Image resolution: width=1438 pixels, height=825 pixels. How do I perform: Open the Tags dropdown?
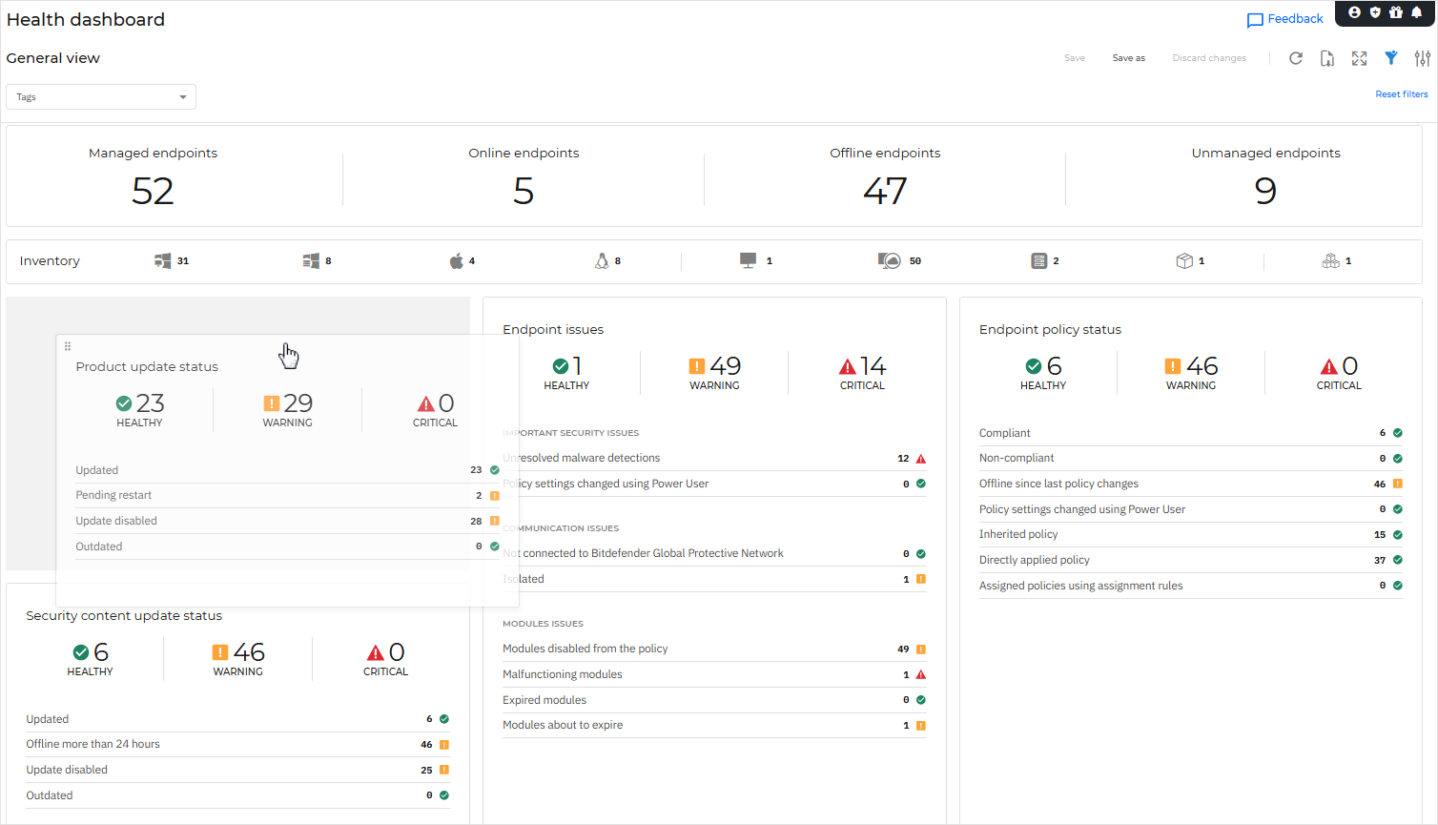coord(101,97)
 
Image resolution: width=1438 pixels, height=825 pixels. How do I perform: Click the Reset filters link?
coord(1401,94)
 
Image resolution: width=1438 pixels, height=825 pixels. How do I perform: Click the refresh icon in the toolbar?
coord(1296,58)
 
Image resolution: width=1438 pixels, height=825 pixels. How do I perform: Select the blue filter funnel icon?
coord(1391,58)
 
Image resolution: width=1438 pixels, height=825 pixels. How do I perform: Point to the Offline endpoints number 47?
coord(884,191)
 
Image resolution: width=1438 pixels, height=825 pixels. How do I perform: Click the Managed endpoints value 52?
coord(153,191)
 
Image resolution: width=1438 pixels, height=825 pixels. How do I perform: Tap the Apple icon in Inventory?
coord(457,260)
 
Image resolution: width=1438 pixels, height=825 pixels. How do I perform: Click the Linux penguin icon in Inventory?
coord(602,260)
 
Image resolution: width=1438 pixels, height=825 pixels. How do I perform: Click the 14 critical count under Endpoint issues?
coord(872,366)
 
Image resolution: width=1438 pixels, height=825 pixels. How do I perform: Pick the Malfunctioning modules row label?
coord(563,674)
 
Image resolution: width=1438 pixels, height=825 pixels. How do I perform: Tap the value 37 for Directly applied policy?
coord(1379,561)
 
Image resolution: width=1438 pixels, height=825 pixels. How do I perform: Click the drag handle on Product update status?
coord(68,346)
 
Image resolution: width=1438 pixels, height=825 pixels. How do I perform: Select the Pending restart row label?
coord(113,496)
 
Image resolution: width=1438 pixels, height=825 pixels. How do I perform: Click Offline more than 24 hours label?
coord(92,745)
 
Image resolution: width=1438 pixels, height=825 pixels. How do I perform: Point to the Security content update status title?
coord(124,616)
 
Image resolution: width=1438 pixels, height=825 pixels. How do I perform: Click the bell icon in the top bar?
coord(1417,12)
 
